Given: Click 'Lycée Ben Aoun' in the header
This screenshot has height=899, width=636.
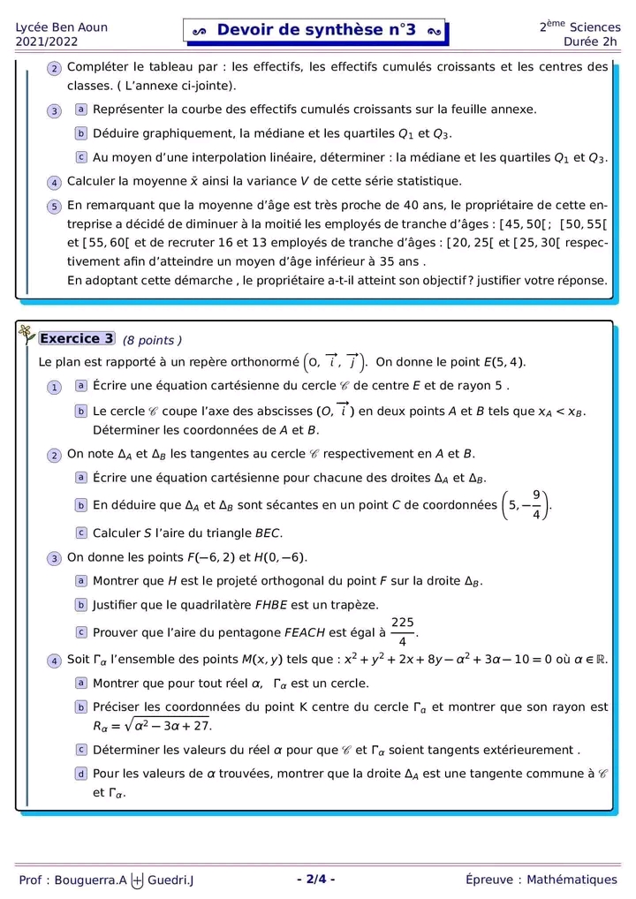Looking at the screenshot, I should [x=62, y=26].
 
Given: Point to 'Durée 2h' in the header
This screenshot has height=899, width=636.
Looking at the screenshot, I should [x=592, y=42].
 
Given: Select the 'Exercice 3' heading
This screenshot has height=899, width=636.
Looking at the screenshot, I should [x=77, y=338].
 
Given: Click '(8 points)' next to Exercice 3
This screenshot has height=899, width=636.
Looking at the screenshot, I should [x=152, y=341].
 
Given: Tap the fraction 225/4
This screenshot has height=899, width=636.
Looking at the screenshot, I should [x=403, y=632].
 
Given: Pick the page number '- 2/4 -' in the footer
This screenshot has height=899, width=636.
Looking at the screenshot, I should [x=316, y=879].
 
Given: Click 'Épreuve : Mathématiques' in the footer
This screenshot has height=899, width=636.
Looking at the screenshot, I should [x=541, y=880].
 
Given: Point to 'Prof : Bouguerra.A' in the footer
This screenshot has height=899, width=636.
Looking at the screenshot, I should [x=72, y=880].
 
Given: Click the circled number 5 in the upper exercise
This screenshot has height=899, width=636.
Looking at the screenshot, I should [x=54, y=206].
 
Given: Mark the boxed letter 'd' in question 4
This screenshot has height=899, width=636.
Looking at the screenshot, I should [x=81, y=774].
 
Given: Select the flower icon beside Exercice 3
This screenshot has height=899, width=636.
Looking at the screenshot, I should [x=26, y=333].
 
